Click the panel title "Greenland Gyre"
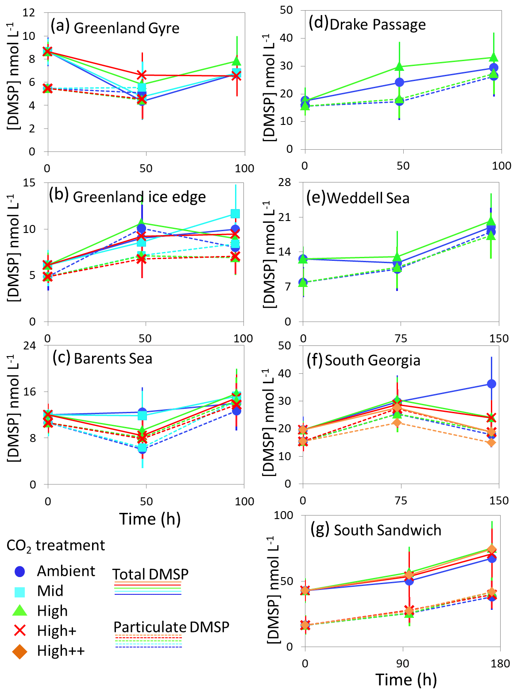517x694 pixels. (127, 28)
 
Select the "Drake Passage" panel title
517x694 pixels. (378, 24)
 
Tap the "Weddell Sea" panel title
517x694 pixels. (368, 198)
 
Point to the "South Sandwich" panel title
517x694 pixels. (387, 530)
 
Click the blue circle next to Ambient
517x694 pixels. (20, 571)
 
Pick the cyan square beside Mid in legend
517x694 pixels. (20, 591)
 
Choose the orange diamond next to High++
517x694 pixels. (20, 651)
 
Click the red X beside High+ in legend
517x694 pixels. (20, 631)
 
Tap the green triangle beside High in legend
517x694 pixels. (20, 611)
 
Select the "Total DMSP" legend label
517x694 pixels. (150, 574)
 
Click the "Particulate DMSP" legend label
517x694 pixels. (171, 627)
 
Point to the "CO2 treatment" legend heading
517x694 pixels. (56, 546)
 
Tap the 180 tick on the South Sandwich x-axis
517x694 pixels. (501, 664)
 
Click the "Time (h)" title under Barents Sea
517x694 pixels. (150, 519)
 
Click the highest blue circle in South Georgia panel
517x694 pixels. (491, 384)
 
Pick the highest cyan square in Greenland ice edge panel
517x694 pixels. (235, 214)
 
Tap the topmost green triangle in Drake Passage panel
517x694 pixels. (494, 57)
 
